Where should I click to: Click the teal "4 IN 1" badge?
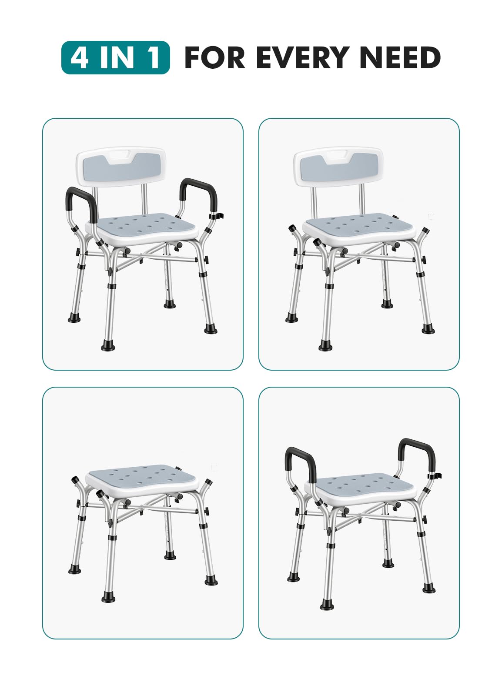coord(115,57)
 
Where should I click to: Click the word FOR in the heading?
coord(215,57)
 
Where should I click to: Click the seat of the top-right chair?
coord(361,225)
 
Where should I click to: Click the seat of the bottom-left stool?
coord(144,477)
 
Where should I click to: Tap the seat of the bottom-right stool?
coord(361,486)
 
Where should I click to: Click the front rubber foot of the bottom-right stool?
coord(327,605)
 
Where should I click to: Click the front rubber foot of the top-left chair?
coord(108,346)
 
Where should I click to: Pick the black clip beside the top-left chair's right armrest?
coord(217,216)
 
